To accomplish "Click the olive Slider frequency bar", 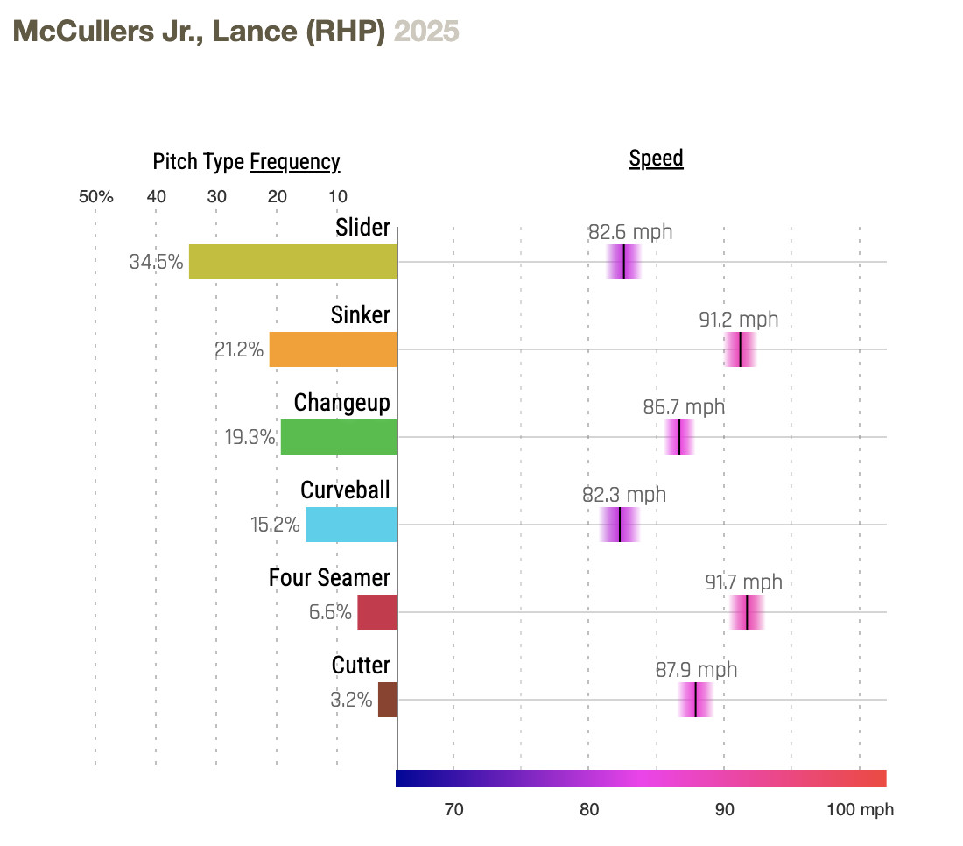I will coord(292,262).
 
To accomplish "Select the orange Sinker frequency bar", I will coord(333,349).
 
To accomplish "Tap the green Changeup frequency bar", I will coord(339,437).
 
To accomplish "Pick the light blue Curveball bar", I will coord(351,525).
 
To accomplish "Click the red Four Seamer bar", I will coord(377,612).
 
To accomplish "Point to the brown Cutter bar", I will coord(388,700).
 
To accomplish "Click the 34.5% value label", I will coord(156,262).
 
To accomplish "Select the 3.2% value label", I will coord(351,700).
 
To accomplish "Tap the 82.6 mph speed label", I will coord(630,232).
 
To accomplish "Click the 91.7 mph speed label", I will coord(743,582).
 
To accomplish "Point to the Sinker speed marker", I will coord(741,349).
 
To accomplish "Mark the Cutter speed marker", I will coord(695,700).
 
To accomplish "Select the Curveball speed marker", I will coord(620,525).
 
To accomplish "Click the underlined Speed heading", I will coord(656,159).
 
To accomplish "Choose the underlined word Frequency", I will coord(294,162).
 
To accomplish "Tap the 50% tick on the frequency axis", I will coord(96,196).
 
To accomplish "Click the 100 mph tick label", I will coord(861,810).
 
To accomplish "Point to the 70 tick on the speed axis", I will coord(453,810).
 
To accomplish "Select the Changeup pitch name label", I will coord(341,402).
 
